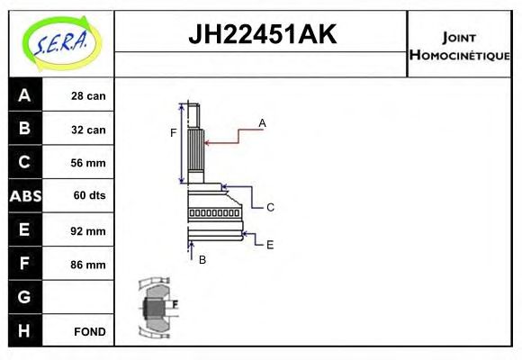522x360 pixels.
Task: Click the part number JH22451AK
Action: point(261,34)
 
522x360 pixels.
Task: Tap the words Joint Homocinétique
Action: point(460,45)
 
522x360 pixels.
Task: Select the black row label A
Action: point(24,95)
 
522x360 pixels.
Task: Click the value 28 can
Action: point(88,96)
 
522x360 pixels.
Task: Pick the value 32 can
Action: point(88,130)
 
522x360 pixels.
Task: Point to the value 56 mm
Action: point(88,163)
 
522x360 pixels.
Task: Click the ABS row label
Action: point(24,196)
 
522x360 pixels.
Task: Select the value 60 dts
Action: point(88,196)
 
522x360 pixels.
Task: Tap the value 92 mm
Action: point(88,230)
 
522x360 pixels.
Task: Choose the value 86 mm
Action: point(88,265)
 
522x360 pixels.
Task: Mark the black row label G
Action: point(24,297)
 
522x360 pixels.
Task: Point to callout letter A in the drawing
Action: point(262,122)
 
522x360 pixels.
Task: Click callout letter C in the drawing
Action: point(270,207)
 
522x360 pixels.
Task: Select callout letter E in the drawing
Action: point(270,243)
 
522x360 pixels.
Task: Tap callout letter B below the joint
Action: point(202,259)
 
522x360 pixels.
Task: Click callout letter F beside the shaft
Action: point(174,133)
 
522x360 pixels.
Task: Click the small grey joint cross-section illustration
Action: point(157,307)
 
